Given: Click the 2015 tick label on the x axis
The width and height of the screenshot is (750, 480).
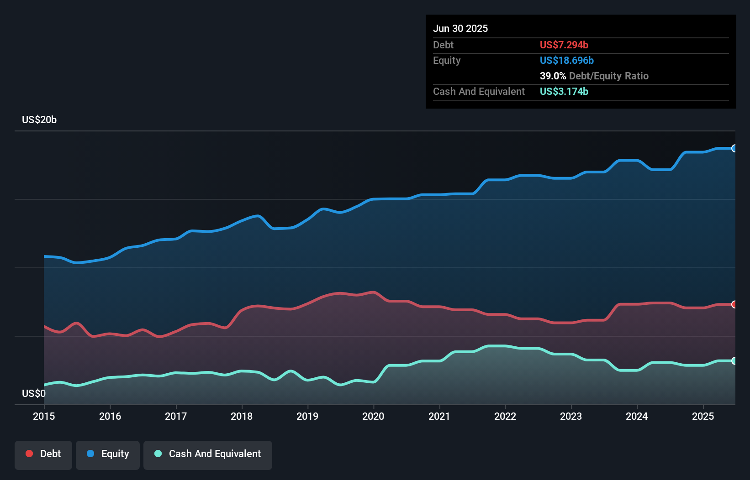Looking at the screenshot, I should pos(44,416).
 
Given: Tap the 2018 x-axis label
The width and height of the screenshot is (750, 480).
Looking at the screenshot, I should pos(242,416).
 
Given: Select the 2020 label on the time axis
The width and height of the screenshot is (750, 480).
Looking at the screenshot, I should pos(373,416).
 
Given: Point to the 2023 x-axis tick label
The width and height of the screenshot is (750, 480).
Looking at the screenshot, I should pos(571,416).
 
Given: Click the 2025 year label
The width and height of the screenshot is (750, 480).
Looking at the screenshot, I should pos(703,416).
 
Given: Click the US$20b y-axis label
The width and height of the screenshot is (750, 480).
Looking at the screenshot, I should pos(39,120).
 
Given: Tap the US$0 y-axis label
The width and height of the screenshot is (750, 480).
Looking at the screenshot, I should pos(34,393).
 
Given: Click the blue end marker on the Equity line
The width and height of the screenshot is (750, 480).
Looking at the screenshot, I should pos(734,148).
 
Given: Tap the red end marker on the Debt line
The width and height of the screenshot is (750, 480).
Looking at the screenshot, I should pos(734,304).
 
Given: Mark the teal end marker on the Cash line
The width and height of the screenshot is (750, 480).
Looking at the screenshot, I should pos(734,361).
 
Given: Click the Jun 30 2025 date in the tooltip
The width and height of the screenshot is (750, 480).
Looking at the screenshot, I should pos(460,28).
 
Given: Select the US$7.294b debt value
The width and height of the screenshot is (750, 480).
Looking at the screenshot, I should pos(564,45).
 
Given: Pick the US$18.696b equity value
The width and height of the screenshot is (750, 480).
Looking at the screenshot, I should pos(566,60).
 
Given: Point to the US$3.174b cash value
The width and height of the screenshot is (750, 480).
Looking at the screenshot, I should pos(564,91).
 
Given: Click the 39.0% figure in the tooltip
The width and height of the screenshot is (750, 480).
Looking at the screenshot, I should pos(553,76).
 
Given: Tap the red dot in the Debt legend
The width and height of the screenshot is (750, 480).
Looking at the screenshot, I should pos(29,454).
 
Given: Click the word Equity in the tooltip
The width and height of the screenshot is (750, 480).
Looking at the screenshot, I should pos(447,60).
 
